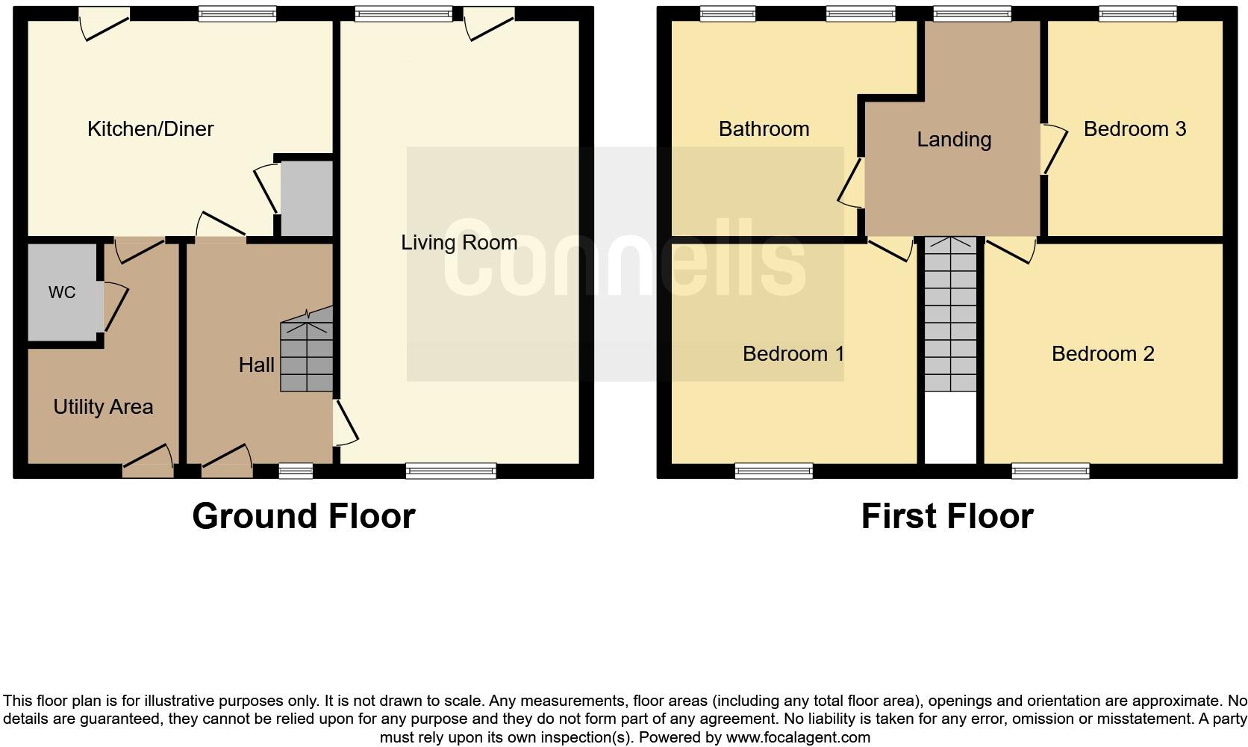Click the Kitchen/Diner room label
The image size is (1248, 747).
point(150,128)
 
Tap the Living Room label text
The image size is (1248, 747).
point(459,242)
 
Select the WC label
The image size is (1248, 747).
point(62,292)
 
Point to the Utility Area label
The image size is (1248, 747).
point(103,406)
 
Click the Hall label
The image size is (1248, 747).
point(256,365)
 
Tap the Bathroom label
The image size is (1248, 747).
point(764,128)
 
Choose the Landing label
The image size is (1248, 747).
point(954,139)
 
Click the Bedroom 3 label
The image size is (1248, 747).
point(1135,128)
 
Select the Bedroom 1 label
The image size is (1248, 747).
point(793,353)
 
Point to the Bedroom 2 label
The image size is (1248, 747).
point(1102,353)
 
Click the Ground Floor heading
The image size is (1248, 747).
point(303,516)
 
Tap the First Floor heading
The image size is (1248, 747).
point(946,516)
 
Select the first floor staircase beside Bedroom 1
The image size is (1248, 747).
point(950,314)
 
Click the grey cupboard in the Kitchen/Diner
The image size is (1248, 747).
point(306,199)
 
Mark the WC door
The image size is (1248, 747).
point(113,306)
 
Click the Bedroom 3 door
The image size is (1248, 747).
point(1052,149)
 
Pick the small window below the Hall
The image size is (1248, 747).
point(296,471)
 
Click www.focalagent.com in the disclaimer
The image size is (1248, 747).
point(797,737)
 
